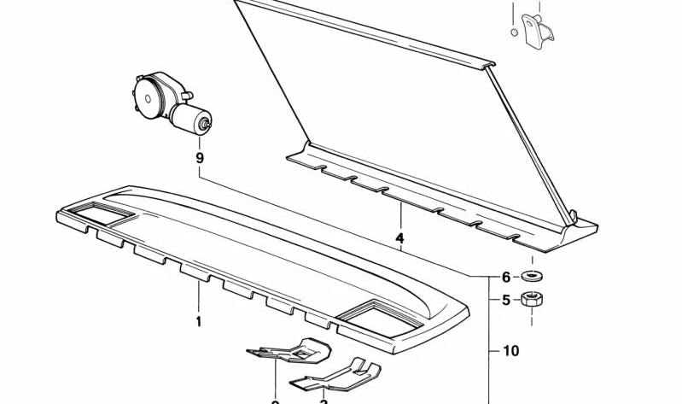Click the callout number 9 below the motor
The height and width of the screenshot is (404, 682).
[x=199, y=158]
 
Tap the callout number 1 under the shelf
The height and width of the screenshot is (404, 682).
[x=198, y=322]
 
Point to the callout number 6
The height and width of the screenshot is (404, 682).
[x=505, y=277]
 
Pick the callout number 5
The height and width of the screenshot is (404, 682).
[x=505, y=300]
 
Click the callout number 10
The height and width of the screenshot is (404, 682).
[x=510, y=350]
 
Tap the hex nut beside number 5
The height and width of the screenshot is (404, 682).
[x=533, y=299]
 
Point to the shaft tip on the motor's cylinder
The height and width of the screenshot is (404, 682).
[x=205, y=125]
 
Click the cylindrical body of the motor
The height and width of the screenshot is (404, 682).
[x=189, y=118]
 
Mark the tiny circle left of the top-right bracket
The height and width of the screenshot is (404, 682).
[x=514, y=32]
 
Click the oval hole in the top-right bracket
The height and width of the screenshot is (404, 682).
[x=535, y=22]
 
